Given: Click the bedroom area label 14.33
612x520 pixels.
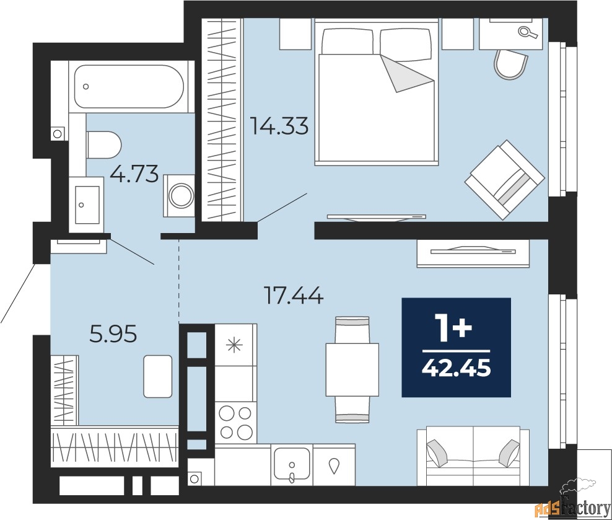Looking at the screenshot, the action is click(x=279, y=126).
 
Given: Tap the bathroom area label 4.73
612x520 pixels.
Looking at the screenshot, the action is click(x=134, y=174).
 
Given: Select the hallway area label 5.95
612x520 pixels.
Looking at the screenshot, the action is click(x=113, y=334).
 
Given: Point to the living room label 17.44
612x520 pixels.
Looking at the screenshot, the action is click(x=294, y=295).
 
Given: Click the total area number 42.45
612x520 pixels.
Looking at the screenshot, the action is click(x=457, y=368).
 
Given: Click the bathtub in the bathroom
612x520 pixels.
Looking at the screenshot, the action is click(x=129, y=86).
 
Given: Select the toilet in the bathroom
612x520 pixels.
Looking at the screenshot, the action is click(x=104, y=145).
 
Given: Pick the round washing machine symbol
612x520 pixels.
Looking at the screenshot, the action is click(x=180, y=195).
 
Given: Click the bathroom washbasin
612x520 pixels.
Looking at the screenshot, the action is click(x=87, y=205).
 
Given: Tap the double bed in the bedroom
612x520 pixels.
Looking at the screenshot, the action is click(x=377, y=92).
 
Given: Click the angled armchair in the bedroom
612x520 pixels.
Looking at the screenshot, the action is click(x=504, y=179).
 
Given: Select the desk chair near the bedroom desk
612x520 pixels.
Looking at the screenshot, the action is click(x=510, y=64).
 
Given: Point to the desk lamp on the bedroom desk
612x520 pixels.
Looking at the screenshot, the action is click(x=528, y=32).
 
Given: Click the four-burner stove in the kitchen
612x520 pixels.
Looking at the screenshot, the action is click(x=235, y=421).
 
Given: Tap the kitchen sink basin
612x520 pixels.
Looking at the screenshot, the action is click(x=292, y=464).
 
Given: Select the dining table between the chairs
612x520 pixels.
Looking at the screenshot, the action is click(x=352, y=369).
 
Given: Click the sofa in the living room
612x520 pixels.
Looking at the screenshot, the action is click(x=473, y=456).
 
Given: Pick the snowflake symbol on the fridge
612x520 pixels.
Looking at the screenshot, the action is click(x=235, y=345).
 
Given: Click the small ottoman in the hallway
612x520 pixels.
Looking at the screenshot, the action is click(x=158, y=376).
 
